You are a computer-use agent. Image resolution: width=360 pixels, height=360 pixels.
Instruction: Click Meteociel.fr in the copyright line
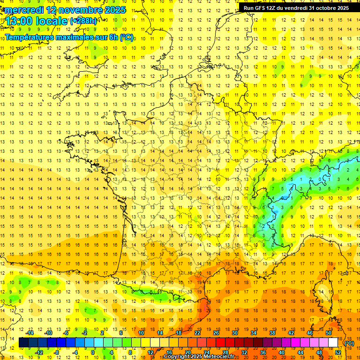point(221,357)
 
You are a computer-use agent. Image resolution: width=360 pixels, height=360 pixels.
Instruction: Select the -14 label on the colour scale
point(30,333)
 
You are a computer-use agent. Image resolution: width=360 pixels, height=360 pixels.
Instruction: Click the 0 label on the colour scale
point(93,352)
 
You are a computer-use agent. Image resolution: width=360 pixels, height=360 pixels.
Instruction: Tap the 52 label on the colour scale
point(338,352)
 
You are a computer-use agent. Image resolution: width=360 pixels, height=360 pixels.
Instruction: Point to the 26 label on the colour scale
point(216,333)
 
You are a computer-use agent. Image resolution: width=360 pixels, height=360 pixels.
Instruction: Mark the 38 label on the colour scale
point(272,333)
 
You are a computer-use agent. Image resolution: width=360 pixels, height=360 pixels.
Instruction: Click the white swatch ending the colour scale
point(333,343)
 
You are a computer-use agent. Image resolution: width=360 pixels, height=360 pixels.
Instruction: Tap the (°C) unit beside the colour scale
point(349,343)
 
